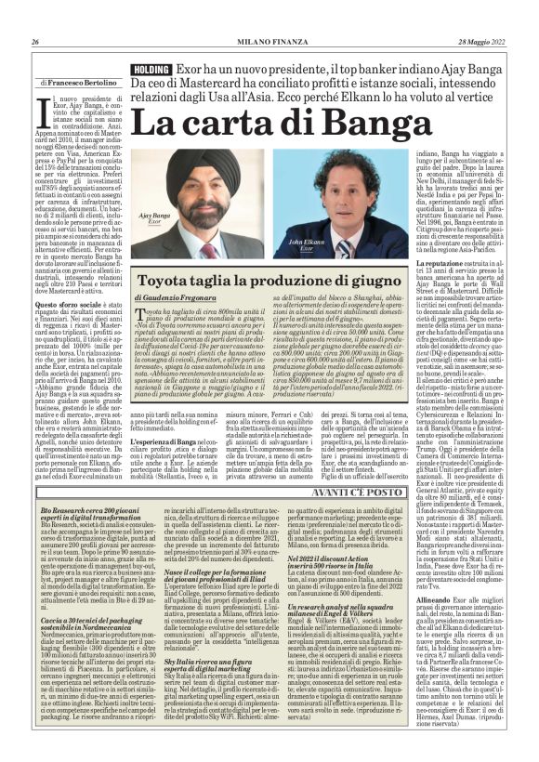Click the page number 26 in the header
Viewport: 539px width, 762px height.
[34, 43]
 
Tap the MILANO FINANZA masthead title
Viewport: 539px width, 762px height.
[269, 43]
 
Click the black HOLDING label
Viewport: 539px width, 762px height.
[151, 70]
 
